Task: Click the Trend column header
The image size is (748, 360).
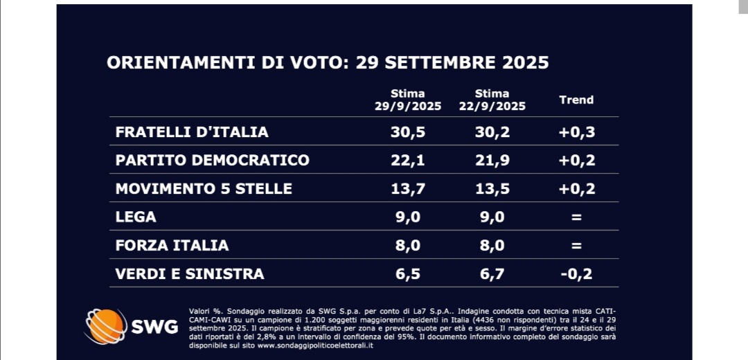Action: click(576, 100)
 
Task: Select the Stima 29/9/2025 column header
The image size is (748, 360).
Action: click(407, 100)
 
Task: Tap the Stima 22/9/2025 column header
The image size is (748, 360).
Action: click(492, 100)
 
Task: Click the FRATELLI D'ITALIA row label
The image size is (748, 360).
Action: click(192, 132)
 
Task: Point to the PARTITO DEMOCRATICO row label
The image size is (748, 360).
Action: click(212, 160)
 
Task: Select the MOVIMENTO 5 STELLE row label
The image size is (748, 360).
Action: click(204, 188)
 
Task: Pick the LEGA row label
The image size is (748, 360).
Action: click(136, 217)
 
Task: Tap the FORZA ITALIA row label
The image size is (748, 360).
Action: click(172, 245)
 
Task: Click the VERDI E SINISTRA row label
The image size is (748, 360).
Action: click(190, 273)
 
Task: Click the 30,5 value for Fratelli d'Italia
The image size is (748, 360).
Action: click(407, 132)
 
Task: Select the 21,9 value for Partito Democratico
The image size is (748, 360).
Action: click(492, 160)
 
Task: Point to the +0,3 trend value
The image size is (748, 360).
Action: click(577, 132)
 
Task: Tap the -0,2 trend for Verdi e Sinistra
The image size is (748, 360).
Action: click(577, 273)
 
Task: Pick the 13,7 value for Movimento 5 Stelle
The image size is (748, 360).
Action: click(407, 188)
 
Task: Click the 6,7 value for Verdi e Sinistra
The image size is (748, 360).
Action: click(492, 273)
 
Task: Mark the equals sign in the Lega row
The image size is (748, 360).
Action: click(577, 217)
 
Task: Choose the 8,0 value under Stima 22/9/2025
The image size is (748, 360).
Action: click(492, 245)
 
